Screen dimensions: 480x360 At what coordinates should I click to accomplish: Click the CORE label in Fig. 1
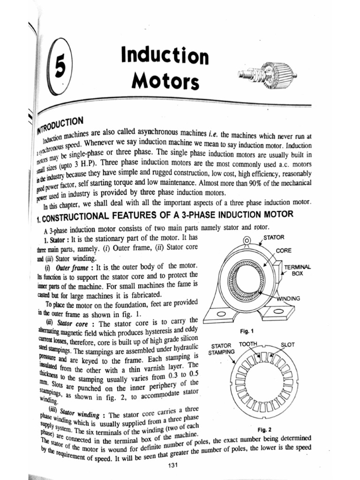click(284, 250)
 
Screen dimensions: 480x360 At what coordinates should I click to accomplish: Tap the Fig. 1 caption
click(247, 331)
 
